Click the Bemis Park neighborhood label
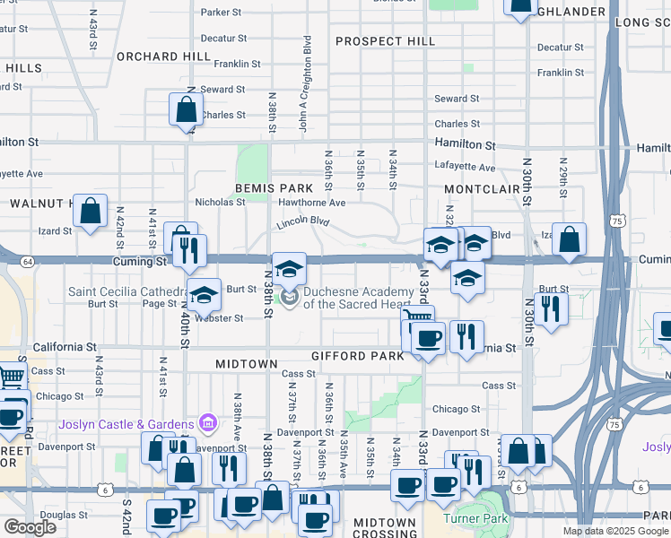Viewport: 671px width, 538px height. (x=274, y=188)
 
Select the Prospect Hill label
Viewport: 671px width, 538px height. (x=385, y=41)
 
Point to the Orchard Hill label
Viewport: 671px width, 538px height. (x=163, y=56)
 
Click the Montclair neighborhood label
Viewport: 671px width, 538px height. (x=482, y=189)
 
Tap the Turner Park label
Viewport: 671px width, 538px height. (x=475, y=518)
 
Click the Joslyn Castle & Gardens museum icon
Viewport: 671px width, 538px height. (x=208, y=422)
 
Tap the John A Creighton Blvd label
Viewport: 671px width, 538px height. (x=306, y=84)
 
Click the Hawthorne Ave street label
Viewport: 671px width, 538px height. (x=311, y=203)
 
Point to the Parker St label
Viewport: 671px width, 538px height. (x=222, y=13)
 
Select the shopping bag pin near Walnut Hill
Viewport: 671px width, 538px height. (x=91, y=212)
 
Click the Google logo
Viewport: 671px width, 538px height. (x=30, y=527)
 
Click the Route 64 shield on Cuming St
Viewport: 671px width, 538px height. (x=28, y=261)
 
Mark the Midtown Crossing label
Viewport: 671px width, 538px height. (x=385, y=527)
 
